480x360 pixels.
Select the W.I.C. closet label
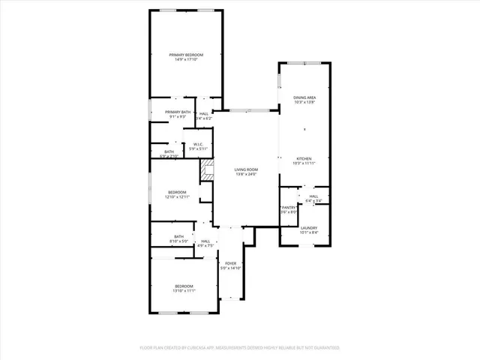199,144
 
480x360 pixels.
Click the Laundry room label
309,228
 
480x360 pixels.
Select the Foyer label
231,264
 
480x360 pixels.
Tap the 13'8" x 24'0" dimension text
246,175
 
